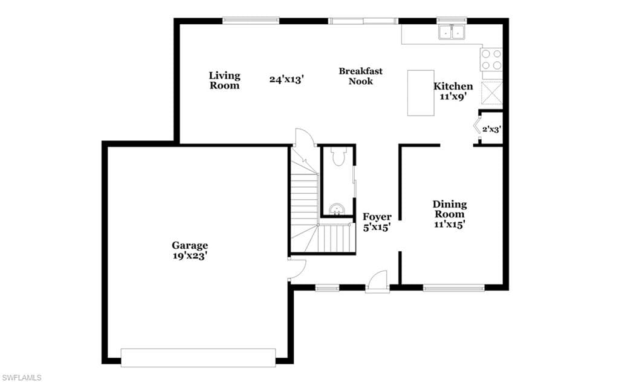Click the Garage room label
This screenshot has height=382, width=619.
click(190, 246)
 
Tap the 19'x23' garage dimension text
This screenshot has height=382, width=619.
click(190, 256)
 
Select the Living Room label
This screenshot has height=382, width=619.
click(224, 81)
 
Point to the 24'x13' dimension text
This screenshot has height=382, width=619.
click(287, 79)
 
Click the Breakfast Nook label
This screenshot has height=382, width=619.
click(361, 76)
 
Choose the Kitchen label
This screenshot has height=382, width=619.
click(453, 86)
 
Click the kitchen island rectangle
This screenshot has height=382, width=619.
click(421, 93)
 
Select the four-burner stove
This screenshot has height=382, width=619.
click(491, 59)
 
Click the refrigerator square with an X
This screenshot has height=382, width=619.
click(492, 93)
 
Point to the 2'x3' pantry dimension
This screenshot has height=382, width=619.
click(492, 129)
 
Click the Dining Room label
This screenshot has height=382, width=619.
click(450, 209)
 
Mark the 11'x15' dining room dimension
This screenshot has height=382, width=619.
click(450, 224)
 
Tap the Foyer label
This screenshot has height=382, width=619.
click(377, 217)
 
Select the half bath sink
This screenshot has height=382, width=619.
click(337, 210)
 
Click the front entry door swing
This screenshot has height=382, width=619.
click(377, 282)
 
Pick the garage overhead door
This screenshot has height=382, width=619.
click(198, 358)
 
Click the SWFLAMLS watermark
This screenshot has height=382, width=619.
click(22, 378)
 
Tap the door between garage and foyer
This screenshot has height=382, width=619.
click(297, 271)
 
